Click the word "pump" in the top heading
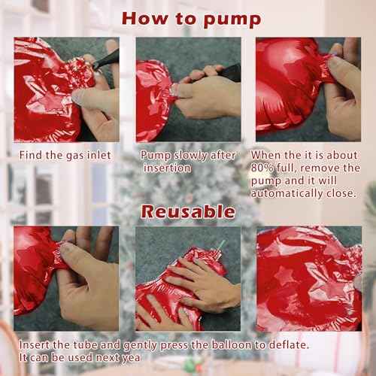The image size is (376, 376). coord(232,20)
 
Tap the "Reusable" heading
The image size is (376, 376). coord(188,212)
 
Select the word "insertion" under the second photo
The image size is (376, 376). coord(167,168)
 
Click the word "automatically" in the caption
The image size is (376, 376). coord(287,193)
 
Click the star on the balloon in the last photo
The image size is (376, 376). coord(285,276)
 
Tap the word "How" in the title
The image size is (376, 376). coord(145,19)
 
